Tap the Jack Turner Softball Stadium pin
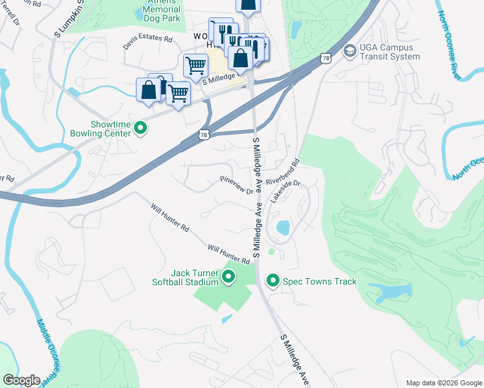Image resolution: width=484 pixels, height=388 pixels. (x=228, y=277)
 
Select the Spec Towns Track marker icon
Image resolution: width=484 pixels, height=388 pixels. (x=273, y=281)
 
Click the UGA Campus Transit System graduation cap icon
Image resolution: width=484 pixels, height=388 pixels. (x=349, y=51)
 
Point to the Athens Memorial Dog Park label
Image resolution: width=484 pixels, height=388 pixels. (x=157, y=11)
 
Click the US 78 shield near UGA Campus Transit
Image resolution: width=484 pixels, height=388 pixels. (x=325, y=59)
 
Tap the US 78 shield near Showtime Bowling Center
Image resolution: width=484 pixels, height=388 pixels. (x=204, y=135)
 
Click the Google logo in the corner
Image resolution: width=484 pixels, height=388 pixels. (x=22, y=380)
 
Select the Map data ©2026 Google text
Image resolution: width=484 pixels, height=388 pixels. (x=444, y=382)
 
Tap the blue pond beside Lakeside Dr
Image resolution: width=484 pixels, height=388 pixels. (x=283, y=228)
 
